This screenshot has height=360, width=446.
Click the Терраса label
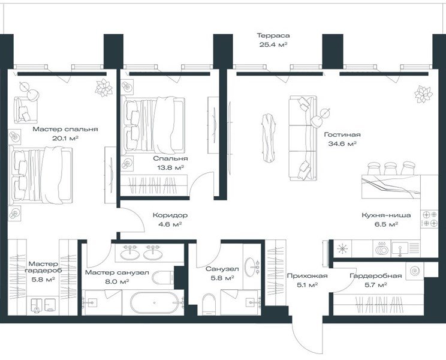point(273,35)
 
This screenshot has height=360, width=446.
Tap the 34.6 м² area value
point(342,144)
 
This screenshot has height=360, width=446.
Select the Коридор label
point(170,215)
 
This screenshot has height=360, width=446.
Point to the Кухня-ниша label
point(386,215)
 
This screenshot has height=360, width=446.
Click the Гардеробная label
point(376,276)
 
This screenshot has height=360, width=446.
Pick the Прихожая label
point(307,276)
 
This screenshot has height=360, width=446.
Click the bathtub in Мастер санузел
point(155,303)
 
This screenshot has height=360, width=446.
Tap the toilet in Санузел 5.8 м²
point(209,305)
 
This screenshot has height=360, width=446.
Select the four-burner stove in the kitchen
point(429,218)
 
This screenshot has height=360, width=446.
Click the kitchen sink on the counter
point(400,248)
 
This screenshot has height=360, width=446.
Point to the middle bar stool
point(390,169)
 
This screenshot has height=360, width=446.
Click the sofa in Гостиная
point(303,138)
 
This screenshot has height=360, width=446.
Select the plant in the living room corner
point(424,94)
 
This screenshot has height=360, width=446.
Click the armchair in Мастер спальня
point(26,110)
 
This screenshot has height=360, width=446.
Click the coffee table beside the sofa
point(269,139)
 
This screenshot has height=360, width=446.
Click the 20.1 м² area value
point(65,139)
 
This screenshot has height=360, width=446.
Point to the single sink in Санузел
point(251,267)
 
